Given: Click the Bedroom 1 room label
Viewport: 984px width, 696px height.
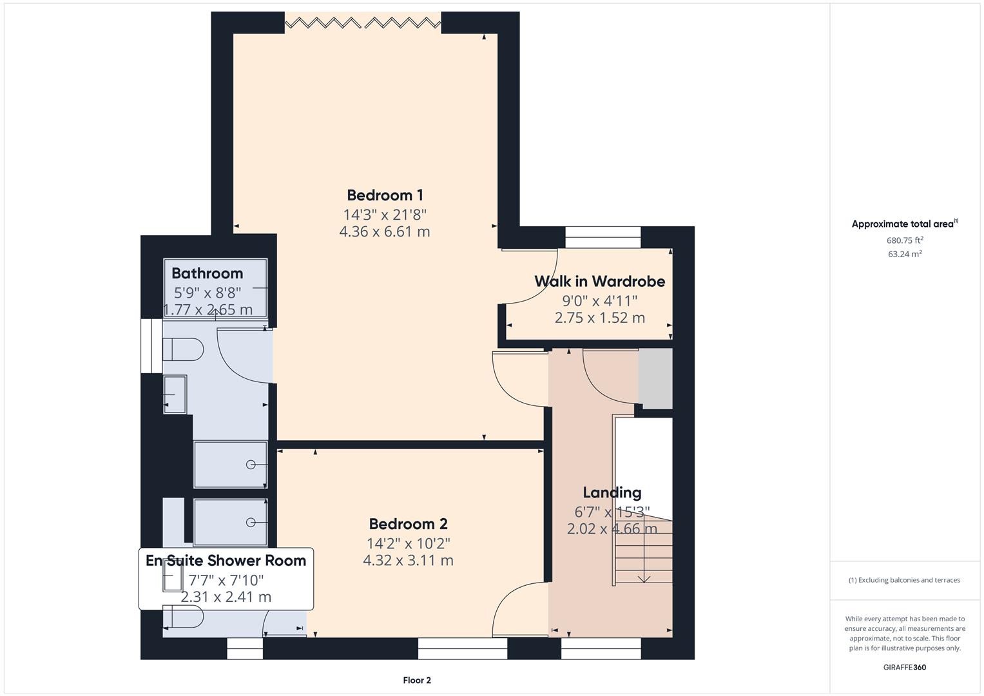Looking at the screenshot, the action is (385, 195).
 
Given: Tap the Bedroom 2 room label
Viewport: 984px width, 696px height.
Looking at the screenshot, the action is (408, 524).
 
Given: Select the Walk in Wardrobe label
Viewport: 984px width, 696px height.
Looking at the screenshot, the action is (600, 281).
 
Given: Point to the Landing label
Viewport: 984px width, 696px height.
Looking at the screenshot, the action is (612, 492).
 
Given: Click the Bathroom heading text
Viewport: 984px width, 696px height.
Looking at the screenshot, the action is (207, 273).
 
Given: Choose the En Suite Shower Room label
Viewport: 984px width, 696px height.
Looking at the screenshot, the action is (226, 561).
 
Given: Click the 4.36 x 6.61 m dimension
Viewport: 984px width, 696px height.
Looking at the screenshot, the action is (384, 231).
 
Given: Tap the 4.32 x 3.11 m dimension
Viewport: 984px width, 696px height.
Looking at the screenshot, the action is (408, 560).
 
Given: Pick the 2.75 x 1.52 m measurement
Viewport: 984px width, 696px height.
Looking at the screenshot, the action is (600, 318).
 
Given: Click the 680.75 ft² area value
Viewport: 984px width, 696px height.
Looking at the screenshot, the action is (905, 240).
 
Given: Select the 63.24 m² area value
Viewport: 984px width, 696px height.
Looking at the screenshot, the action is (905, 254).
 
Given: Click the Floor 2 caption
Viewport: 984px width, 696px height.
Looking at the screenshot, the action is (417, 680).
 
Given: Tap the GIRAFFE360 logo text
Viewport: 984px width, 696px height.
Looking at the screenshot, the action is (905, 667).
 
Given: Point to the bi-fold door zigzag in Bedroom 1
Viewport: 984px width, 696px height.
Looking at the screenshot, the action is (363, 23).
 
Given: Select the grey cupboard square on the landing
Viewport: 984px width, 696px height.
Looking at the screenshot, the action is (655, 379).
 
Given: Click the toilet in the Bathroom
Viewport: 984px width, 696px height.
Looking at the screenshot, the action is (183, 349).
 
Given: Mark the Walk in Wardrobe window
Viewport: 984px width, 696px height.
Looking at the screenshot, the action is (603, 237).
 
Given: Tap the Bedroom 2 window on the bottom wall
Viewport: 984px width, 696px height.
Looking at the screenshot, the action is (463, 648).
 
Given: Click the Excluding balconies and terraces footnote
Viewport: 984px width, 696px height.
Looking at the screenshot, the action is (905, 580).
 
